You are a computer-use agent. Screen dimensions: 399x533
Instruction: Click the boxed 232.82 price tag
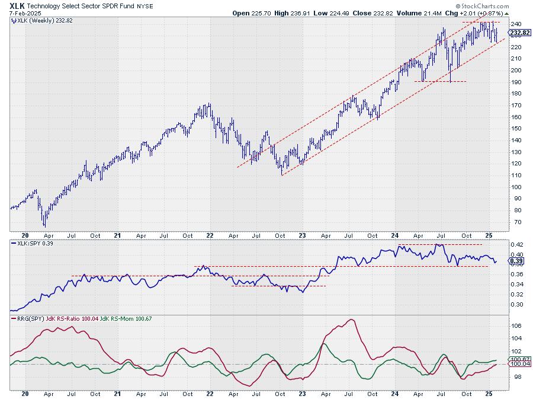click(515, 33)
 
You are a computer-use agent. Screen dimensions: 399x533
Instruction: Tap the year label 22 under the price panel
click(210, 235)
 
